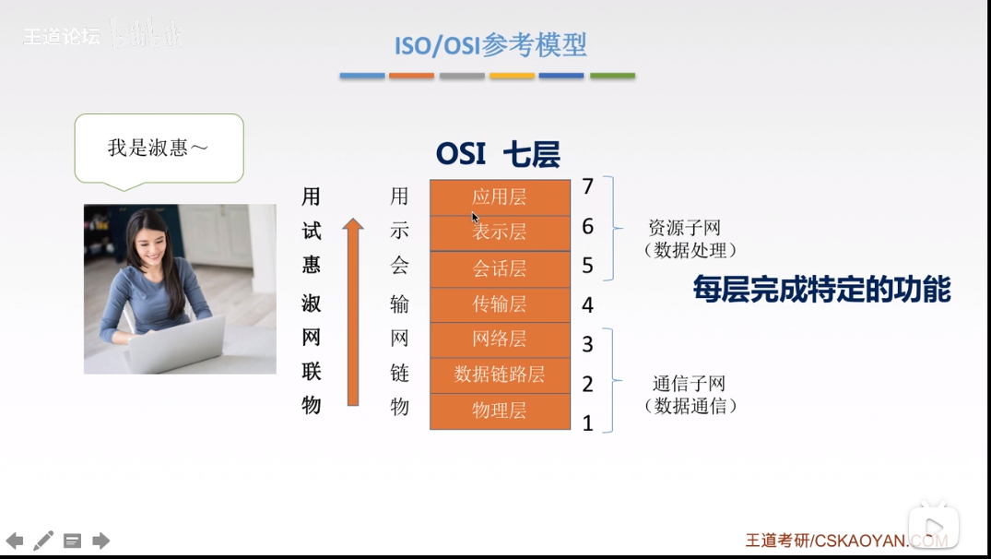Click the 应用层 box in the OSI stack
[500, 196]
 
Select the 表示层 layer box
[500, 232]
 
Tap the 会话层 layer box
[500, 268]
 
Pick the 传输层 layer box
[500, 303]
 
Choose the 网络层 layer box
[500, 339]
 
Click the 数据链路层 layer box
[500, 375]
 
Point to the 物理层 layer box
[500, 410]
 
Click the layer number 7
[588, 187]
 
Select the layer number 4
[587, 305]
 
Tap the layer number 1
[587, 423]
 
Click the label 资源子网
[684, 228]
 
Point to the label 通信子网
[689, 384]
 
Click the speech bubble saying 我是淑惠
[159, 148]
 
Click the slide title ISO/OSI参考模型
[490, 44]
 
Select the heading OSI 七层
[498, 154]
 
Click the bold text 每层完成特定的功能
[821, 291]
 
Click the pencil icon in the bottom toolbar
[43, 541]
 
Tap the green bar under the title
[612, 76]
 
